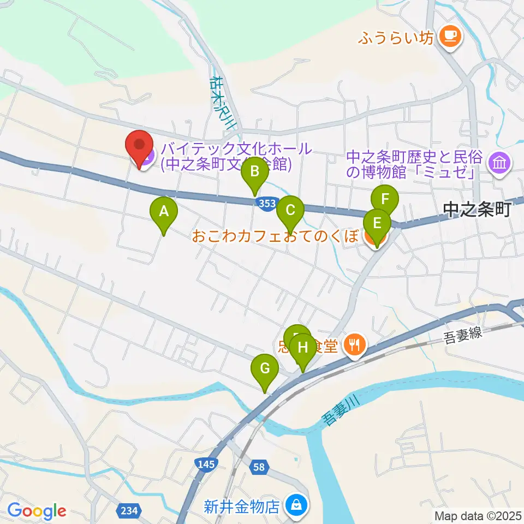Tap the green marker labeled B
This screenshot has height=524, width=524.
click(254, 172)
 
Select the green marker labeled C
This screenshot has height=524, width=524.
click(290, 210)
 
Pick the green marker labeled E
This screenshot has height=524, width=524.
click(377, 224)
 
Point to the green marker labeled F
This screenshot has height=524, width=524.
click(385, 199)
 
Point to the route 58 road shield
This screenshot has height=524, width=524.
click(260, 467)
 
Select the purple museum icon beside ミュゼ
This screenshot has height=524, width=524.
click(499, 163)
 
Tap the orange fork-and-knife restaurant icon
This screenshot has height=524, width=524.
click(355, 344)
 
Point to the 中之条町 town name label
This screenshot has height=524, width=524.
click(477, 209)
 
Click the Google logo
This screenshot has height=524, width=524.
click(37, 511)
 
